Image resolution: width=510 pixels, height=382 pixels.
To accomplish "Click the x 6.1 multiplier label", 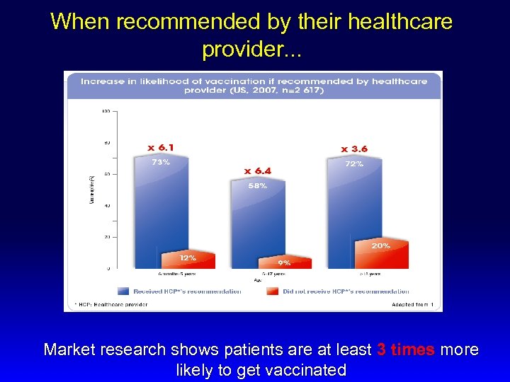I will click(x=161, y=147).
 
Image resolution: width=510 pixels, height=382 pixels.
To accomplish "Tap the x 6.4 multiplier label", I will click(x=257, y=170).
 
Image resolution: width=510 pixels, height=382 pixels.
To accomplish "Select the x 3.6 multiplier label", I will click(x=354, y=149).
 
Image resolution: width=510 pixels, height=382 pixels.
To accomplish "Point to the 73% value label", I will click(x=161, y=162).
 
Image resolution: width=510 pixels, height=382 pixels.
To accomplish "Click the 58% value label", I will click(x=257, y=186).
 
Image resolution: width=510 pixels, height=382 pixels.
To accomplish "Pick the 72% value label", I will click(x=354, y=163).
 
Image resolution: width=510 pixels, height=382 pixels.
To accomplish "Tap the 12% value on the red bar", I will click(x=187, y=257).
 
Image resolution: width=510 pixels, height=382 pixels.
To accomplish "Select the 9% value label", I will click(x=283, y=262).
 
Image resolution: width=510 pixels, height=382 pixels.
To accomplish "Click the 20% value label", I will click(x=380, y=245).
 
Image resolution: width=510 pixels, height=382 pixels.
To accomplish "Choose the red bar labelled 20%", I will click(x=381, y=256).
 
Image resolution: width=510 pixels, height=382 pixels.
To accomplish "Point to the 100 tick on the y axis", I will click(x=105, y=111).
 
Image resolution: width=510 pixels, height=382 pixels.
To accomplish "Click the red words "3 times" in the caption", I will click(x=407, y=349).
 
